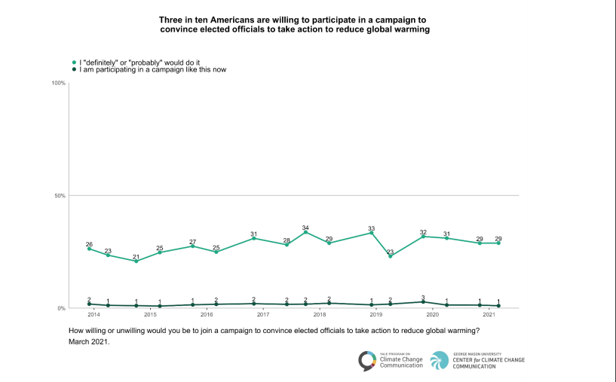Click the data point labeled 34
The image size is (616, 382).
(x=305, y=232)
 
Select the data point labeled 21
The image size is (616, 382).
(x=136, y=261)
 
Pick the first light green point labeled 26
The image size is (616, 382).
(x=89, y=249)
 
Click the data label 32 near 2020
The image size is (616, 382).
(x=423, y=232)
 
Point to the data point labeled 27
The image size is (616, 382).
(x=192, y=246)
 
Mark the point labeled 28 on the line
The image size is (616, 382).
(x=287, y=245)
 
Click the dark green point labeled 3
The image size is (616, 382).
(x=423, y=301)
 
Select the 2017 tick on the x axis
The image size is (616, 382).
(x=263, y=313)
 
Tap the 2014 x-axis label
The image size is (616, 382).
(x=93, y=313)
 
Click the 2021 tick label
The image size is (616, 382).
(x=489, y=313)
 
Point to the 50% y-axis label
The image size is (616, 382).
(x=58, y=196)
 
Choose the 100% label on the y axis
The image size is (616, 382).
(x=57, y=83)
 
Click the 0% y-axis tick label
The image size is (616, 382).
(x=60, y=308)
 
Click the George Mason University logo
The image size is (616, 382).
(x=477, y=361)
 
